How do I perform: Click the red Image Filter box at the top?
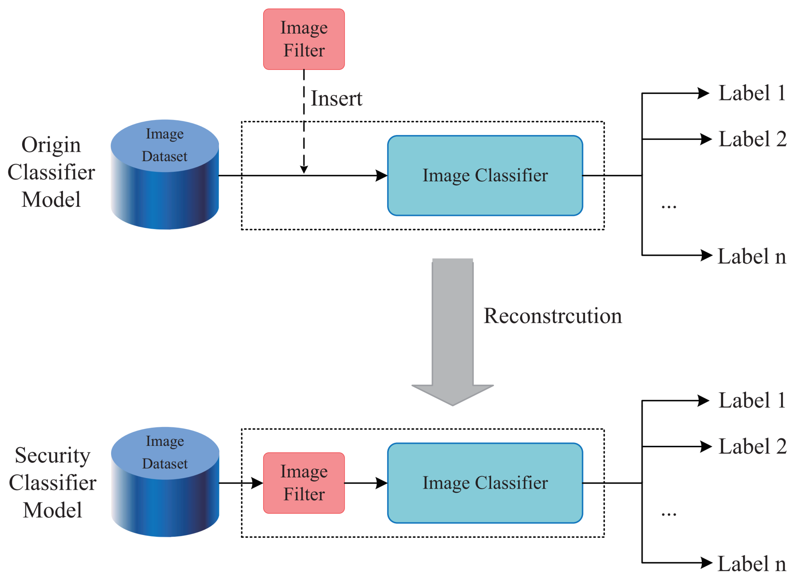304,39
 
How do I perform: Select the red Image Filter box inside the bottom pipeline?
304,483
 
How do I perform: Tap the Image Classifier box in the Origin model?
485,175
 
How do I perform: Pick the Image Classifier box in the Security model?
485,483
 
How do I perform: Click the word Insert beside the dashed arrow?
336,98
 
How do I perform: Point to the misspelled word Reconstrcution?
552,316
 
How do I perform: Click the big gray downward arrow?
452,330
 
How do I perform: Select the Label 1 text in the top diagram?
752,93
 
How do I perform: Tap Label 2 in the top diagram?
752,139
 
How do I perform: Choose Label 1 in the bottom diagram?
752,400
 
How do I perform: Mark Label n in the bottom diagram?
752,563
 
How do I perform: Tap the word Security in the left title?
53,455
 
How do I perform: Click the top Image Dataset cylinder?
164,174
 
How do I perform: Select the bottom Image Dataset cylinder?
165,482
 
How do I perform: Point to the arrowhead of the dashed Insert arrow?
304,170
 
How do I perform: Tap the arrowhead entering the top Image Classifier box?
381,175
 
